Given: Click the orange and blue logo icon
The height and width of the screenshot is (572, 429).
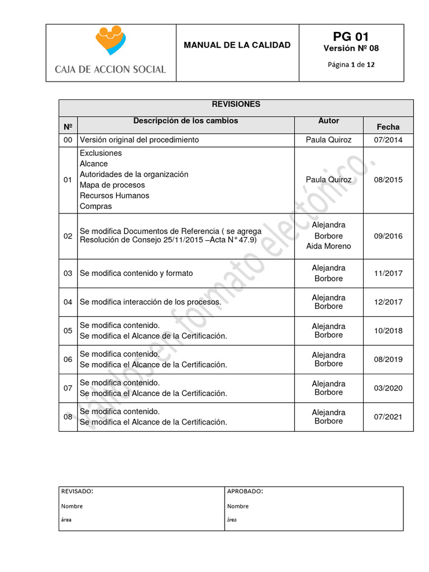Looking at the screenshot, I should pyautogui.click(x=110, y=41).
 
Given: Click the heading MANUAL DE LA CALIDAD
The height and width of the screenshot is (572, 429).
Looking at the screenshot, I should pyautogui.click(x=237, y=45).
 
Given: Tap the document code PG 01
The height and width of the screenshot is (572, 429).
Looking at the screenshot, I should pyautogui.click(x=351, y=37).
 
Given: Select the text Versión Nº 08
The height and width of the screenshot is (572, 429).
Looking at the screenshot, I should pyautogui.click(x=351, y=49).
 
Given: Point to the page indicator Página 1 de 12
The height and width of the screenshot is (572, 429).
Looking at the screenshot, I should pyautogui.click(x=351, y=64).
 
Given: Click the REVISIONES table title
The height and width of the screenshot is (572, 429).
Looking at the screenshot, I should pyautogui.click(x=236, y=104).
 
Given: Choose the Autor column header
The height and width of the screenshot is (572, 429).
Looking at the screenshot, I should pyautogui.click(x=328, y=121).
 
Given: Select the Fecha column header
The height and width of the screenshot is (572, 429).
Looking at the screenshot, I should pyautogui.click(x=388, y=127).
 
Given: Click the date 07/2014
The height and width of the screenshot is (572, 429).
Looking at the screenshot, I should pyautogui.click(x=388, y=140).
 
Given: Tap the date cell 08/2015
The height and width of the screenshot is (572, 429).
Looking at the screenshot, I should pyautogui.click(x=388, y=180).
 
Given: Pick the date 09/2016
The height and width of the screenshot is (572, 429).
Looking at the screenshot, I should pyautogui.click(x=388, y=236).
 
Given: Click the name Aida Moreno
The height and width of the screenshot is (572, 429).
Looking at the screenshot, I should pyautogui.click(x=328, y=246).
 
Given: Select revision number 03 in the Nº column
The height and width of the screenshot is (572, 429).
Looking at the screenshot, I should pyautogui.click(x=68, y=274).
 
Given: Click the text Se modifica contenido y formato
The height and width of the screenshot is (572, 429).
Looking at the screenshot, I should pyautogui.click(x=136, y=274).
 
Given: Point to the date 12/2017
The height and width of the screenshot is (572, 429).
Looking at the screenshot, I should pyautogui.click(x=388, y=302).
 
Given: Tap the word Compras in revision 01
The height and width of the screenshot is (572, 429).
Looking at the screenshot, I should pyautogui.click(x=96, y=206).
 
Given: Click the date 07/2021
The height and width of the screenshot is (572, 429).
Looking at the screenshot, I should pyautogui.click(x=388, y=417).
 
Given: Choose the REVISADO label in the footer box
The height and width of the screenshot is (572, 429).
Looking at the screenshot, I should pyautogui.click(x=77, y=492).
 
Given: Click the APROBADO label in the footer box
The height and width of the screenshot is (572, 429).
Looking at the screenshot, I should pyautogui.click(x=245, y=492).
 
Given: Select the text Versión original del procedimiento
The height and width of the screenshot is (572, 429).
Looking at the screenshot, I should pyautogui.click(x=139, y=140).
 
